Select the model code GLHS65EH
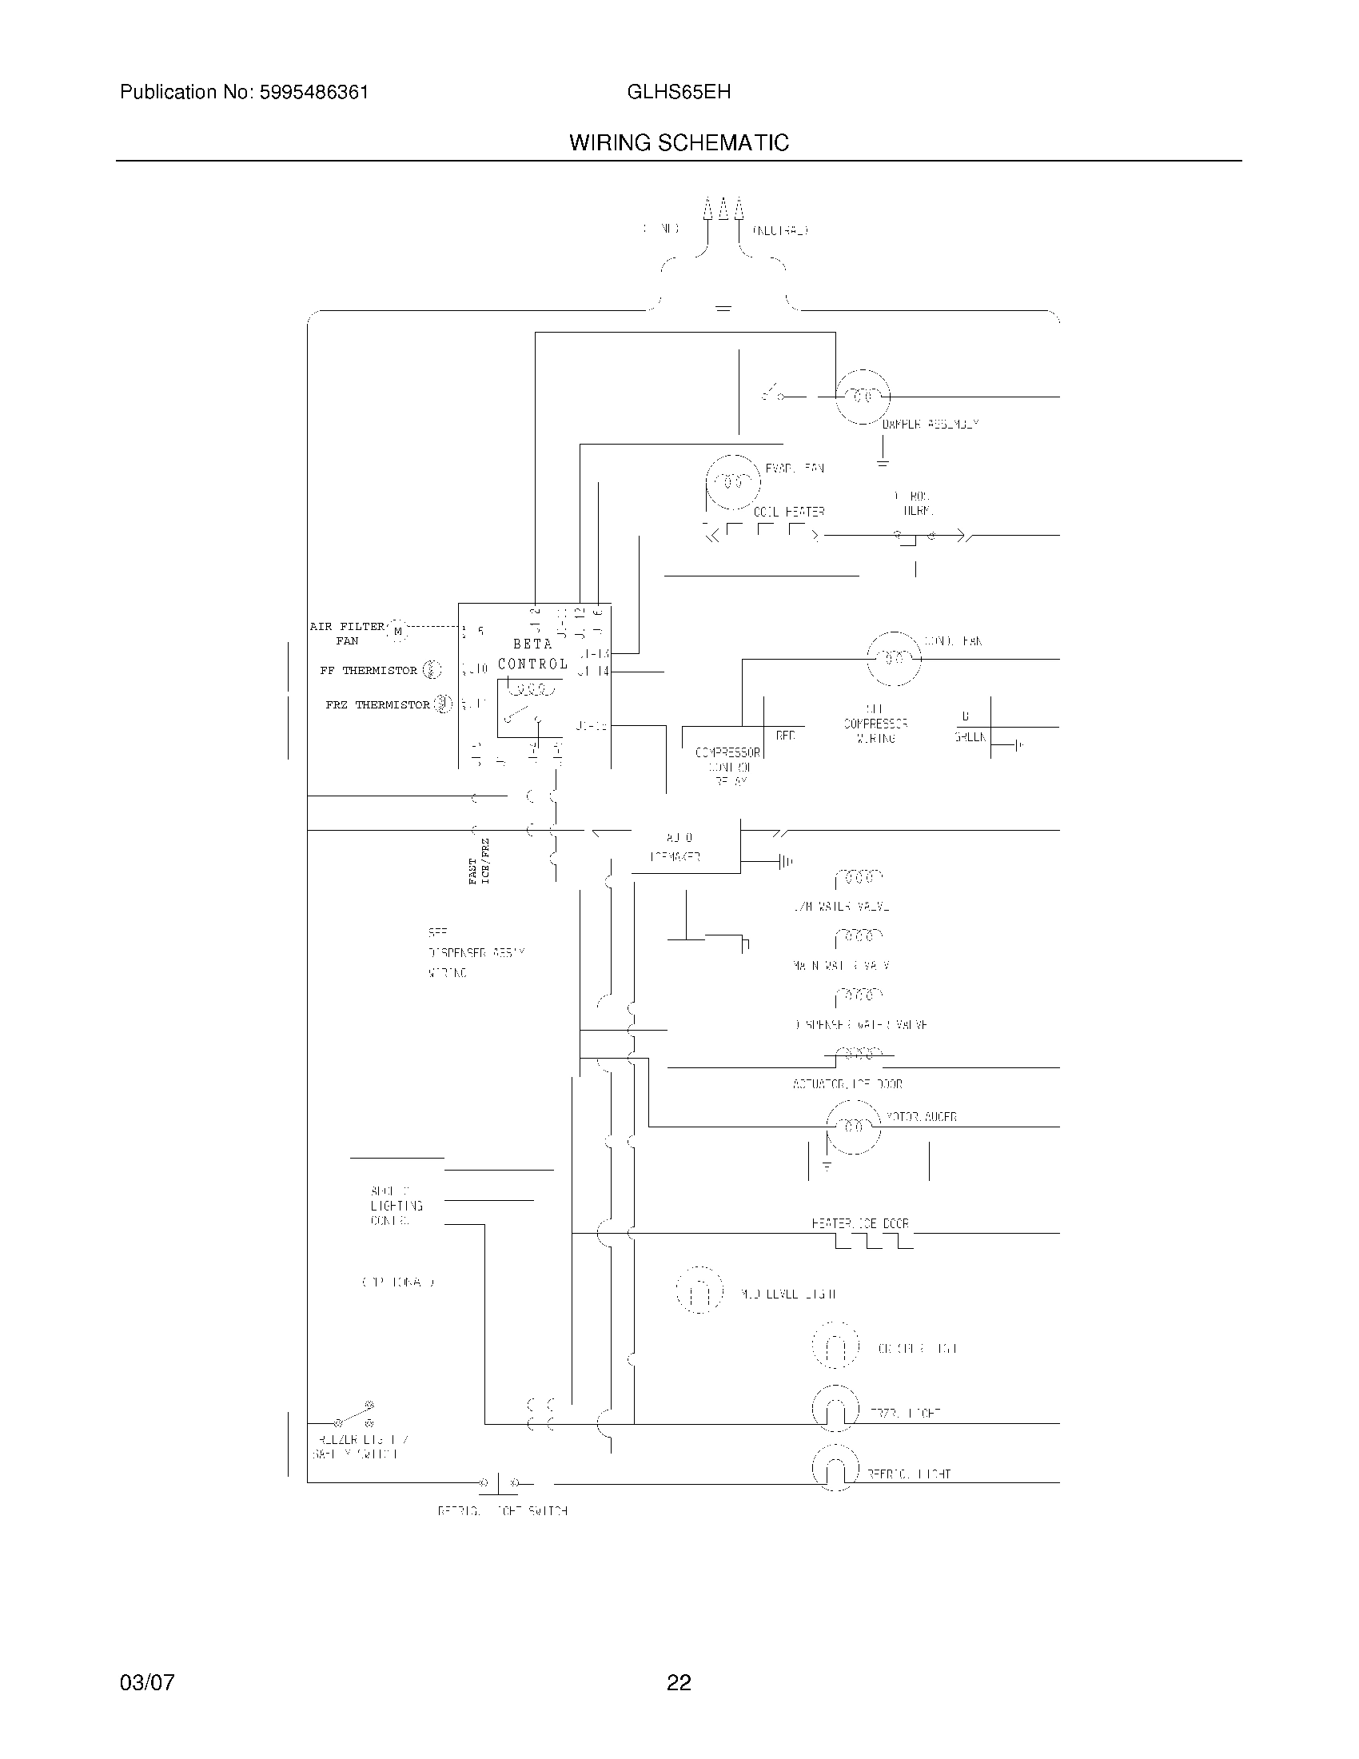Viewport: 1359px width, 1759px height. [678, 93]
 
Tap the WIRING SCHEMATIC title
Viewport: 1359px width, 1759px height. [679, 143]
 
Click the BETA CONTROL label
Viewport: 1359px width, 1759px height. [532, 654]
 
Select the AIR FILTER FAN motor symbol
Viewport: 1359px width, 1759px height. [398, 632]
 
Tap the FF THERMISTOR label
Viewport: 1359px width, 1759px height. [369, 670]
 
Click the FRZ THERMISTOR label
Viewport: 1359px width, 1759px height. [377, 704]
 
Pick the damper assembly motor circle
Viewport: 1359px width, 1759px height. [863, 397]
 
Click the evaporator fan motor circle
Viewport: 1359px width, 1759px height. [732, 481]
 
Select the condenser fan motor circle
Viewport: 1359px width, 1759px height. [894, 658]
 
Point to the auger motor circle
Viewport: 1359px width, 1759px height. [854, 1126]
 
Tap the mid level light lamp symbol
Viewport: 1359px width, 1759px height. [699, 1290]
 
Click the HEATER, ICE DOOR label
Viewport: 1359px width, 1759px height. [860, 1223]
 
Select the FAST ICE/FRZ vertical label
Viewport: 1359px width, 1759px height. [479, 862]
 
